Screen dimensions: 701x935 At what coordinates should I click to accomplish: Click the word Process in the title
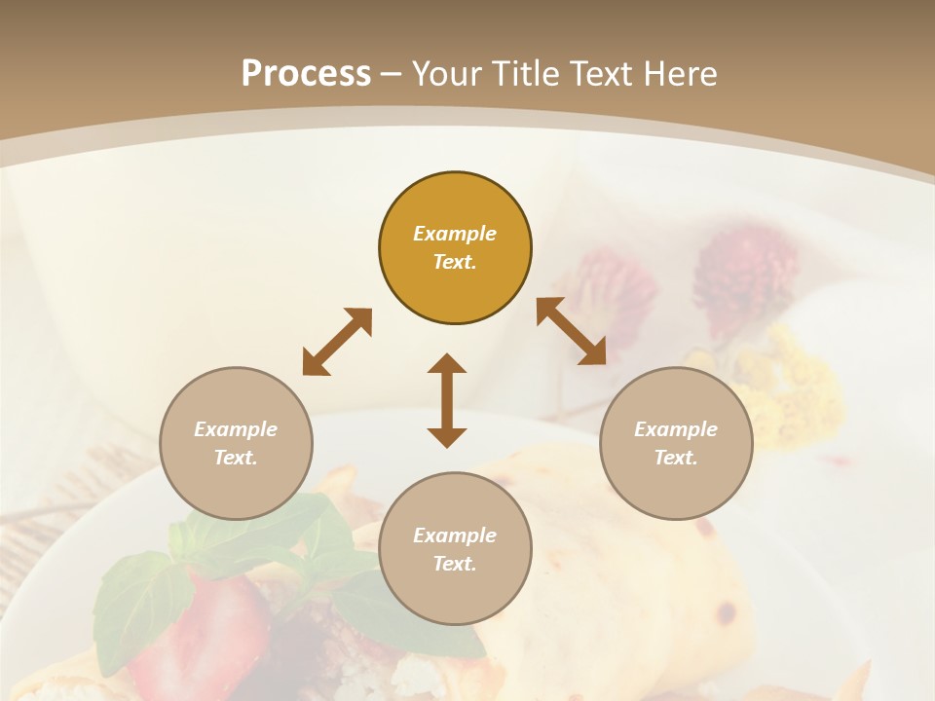(x=306, y=74)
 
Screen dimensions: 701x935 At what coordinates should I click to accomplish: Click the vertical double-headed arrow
(x=447, y=400)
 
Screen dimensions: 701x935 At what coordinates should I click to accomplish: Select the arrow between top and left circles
(x=337, y=342)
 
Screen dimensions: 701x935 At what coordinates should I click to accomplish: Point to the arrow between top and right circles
(x=571, y=331)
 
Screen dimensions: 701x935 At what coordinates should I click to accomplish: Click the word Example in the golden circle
(x=455, y=234)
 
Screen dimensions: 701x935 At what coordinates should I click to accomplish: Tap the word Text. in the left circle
(x=236, y=458)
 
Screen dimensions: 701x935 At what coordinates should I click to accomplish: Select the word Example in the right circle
(x=676, y=429)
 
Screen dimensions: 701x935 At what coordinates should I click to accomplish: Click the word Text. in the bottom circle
(x=455, y=564)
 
